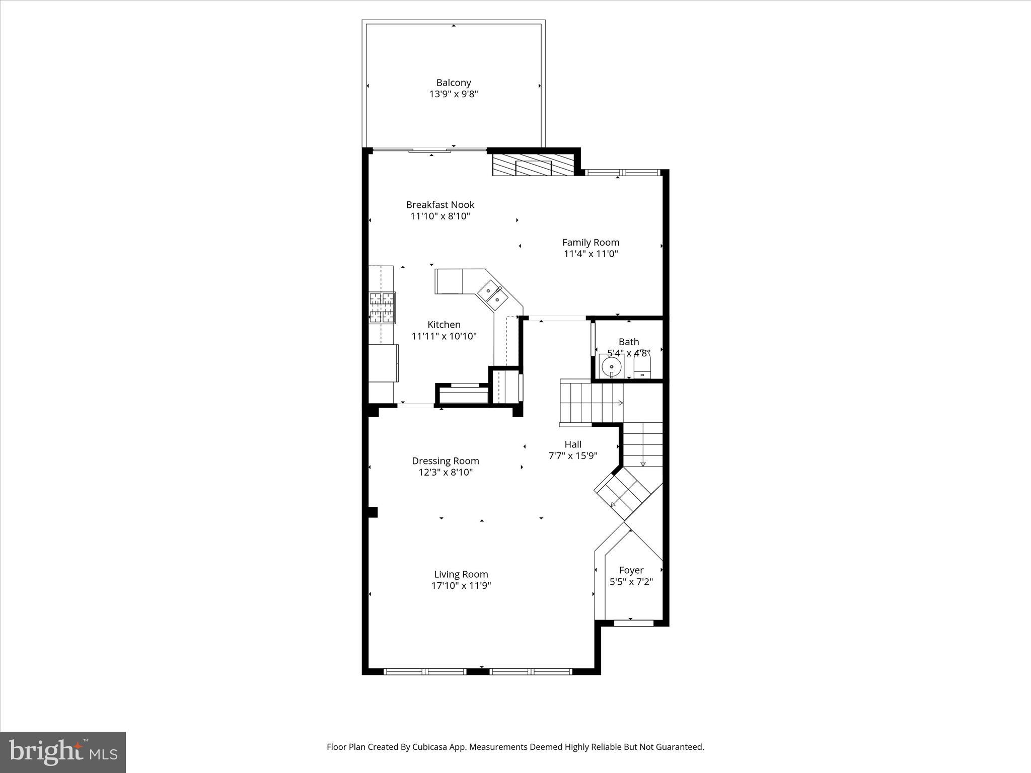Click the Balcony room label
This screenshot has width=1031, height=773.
(x=453, y=83)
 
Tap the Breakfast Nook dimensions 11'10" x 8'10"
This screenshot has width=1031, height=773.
(x=440, y=216)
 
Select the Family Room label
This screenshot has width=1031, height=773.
(x=591, y=242)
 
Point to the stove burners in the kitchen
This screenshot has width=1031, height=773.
(x=382, y=307)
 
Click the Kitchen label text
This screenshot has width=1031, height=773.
(x=444, y=325)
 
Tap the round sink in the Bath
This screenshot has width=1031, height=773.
(x=612, y=366)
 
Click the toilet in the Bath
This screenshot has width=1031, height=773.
(x=642, y=365)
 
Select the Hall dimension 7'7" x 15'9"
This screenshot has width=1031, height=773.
(x=572, y=456)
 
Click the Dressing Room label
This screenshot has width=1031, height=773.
(x=445, y=460)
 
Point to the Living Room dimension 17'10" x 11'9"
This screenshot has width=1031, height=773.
(x=461, y=586)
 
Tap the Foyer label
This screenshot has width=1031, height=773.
(x=631, y=570)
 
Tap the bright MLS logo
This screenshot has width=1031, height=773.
(x=63, y=751)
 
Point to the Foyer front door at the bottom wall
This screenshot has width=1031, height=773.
(x=633, y=623)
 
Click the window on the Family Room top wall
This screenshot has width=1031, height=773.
(x=622, y=173)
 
